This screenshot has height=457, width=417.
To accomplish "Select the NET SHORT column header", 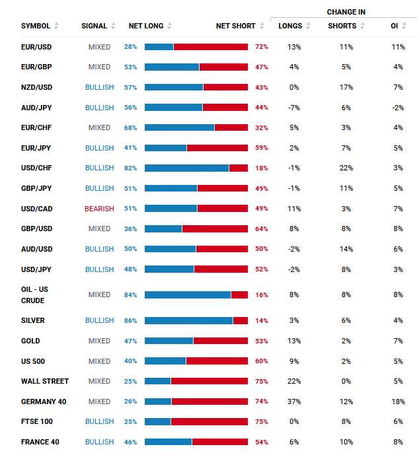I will tap(235, 26).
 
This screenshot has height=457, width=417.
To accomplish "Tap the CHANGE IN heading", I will tap(346, 12).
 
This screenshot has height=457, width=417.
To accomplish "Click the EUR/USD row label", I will tap(36, 47).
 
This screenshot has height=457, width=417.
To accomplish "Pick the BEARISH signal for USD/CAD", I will tap(99, 209).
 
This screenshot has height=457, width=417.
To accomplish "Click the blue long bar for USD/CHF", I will tap(186, 168).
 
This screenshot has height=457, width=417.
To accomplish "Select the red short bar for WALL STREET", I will tap(209, 381).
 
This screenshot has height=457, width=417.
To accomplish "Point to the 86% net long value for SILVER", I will tap(130, 320).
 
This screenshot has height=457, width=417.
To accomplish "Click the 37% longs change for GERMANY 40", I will tap(294, 402).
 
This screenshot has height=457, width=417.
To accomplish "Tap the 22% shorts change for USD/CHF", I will tap(346, 168).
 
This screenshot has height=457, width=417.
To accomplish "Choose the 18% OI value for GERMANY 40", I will tap(398, 402).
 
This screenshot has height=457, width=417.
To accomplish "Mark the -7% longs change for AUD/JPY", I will tap(294, 108).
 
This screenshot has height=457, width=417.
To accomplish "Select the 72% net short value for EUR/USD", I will tap(261, 47).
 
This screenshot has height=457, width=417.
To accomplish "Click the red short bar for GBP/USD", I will tap(215, 229).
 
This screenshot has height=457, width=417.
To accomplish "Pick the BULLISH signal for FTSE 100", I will tap(99, 421).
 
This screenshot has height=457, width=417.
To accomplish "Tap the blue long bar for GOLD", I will tap(169, 341).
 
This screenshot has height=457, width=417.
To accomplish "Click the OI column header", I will tap(394, 26).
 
